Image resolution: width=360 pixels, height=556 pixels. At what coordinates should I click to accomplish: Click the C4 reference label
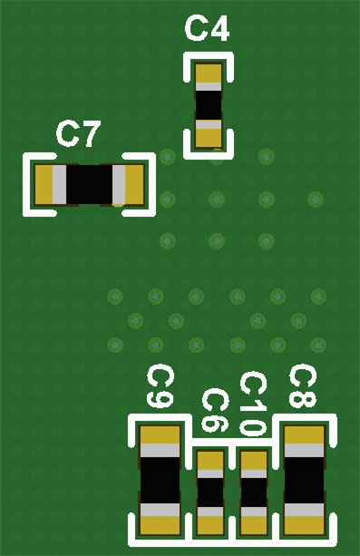point(207,29)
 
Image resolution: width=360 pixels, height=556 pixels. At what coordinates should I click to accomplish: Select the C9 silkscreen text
point(160,387)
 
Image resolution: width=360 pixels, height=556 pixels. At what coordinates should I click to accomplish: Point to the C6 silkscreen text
point(214,411)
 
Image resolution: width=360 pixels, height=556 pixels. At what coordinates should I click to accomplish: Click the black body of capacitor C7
point(88,185)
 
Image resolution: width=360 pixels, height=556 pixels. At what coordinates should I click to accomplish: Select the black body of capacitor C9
point(160,480)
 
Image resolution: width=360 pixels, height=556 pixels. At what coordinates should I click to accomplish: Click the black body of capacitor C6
point(210,493)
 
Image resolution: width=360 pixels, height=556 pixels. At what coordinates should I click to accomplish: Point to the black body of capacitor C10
point(254,493)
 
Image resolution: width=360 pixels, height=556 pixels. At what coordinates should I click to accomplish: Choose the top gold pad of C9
point(160,435)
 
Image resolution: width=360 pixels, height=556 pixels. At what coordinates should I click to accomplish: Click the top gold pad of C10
point(254,459)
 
